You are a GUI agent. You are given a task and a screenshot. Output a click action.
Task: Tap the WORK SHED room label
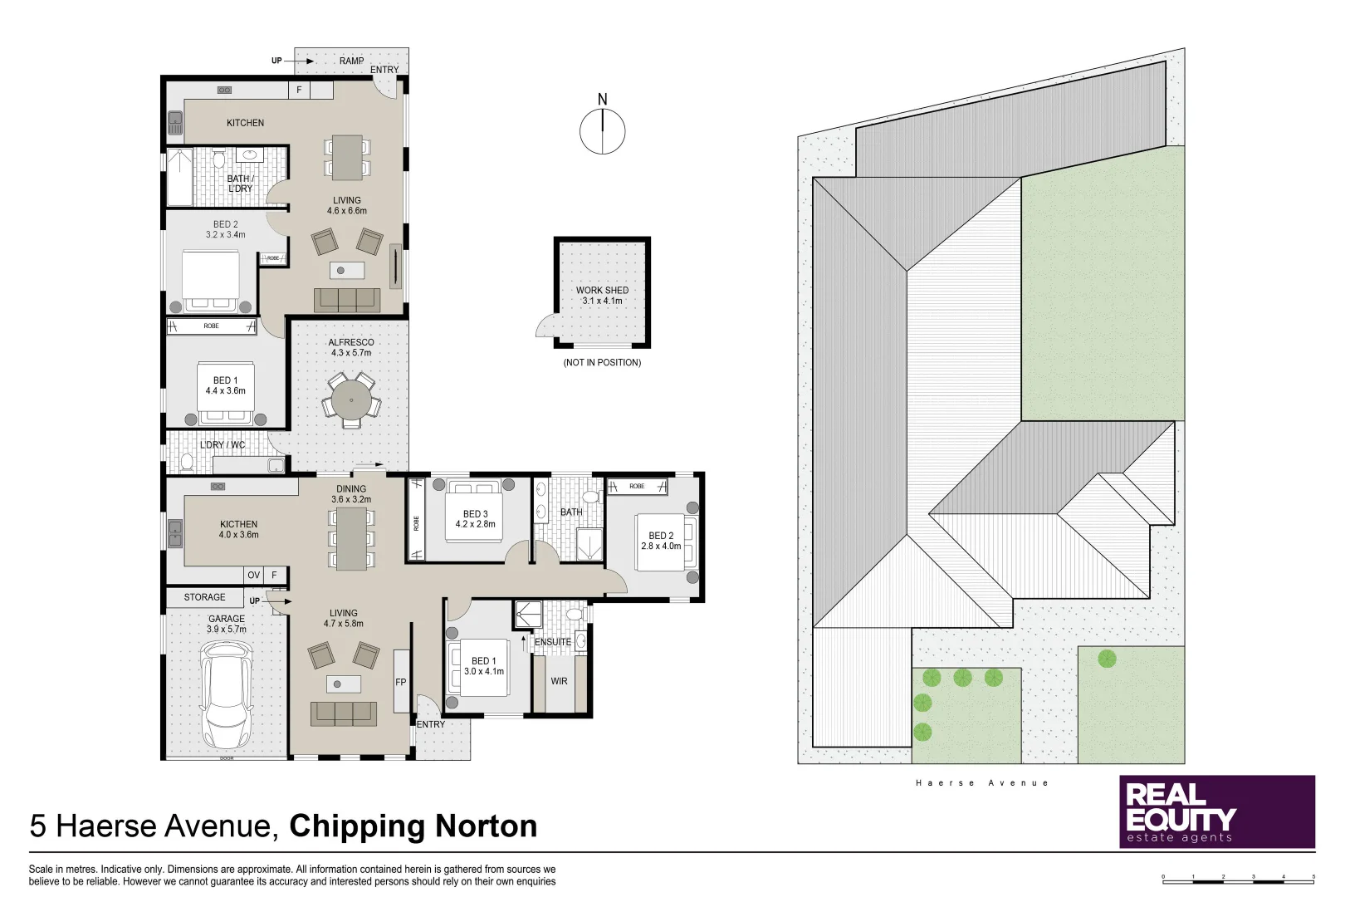[602, 296]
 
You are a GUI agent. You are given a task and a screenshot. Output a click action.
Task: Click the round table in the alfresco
[351, 400]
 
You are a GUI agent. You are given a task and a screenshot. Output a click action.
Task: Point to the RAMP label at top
[351, 61]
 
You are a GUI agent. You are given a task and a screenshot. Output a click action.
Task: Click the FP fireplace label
[401, 682]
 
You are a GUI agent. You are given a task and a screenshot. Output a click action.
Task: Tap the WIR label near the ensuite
[559, 681]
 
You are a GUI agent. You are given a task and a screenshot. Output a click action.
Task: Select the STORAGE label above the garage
[204, 597]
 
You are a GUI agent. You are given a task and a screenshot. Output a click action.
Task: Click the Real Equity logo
[1216, 811]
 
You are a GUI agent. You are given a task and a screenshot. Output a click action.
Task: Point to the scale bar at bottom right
[1238, 878]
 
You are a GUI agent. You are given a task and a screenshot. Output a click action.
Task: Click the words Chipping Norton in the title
[413, 826]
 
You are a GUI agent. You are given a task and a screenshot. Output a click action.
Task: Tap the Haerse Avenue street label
[982, 782]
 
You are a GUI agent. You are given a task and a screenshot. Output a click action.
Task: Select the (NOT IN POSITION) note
[602, 363]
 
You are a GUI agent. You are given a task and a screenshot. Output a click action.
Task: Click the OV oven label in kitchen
[254, 575]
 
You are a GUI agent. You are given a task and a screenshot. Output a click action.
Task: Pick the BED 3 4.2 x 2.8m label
[475, 519]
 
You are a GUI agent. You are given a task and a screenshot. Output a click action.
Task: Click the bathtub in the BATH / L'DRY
[179, 177]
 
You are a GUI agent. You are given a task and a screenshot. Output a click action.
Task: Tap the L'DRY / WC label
[223, 445]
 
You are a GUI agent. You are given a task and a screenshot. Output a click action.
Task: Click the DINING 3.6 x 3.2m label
[351, 494]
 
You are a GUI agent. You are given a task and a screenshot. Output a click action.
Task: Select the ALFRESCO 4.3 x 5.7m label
[351, 347]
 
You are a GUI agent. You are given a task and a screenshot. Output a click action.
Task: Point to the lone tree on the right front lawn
[1107, 659]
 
